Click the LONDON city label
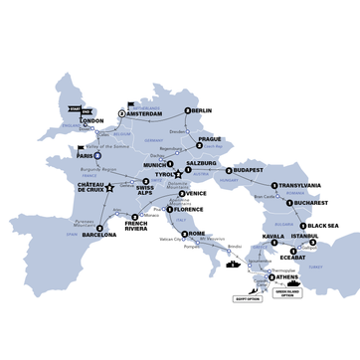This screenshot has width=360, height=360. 91,121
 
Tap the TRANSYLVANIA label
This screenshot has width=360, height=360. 300,185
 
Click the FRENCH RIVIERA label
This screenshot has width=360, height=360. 143,227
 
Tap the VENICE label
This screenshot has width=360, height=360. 197,193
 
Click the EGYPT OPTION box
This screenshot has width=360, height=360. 247,297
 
